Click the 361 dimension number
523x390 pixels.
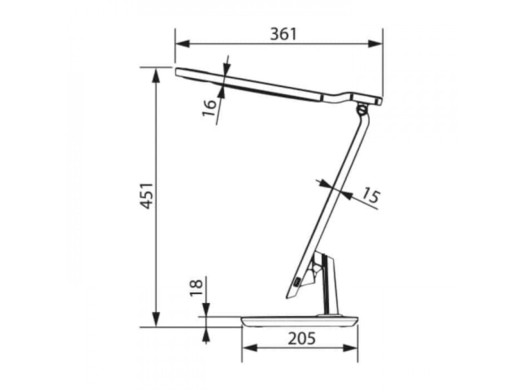coord(283,34)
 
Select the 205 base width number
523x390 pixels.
coord(301,339)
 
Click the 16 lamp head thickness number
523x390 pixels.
coord(209,108)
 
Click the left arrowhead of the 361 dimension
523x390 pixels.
coord(182,44)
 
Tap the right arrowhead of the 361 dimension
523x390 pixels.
coord(375,44)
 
